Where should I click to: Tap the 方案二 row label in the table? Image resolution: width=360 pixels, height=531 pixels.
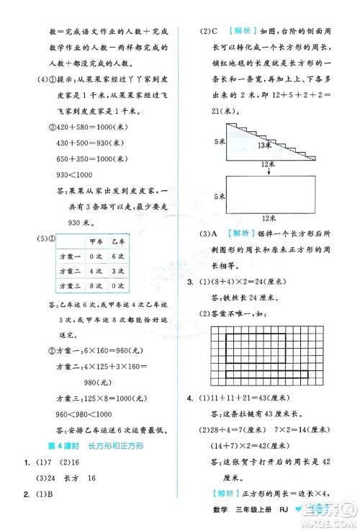coord(70,272)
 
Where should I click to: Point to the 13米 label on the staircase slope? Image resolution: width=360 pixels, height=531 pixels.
coord(265,144)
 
